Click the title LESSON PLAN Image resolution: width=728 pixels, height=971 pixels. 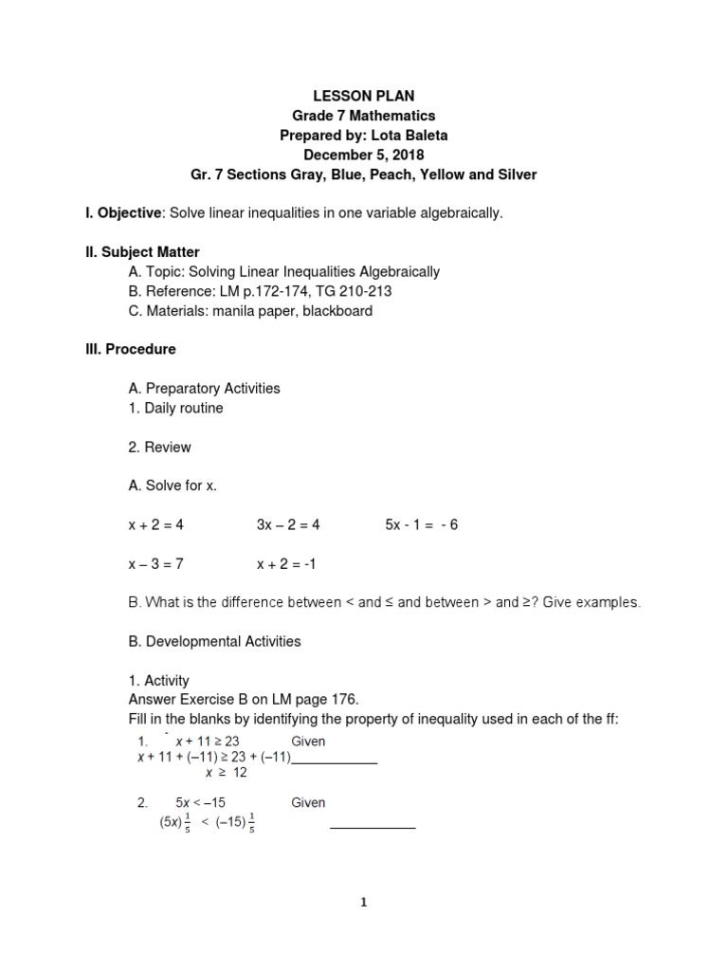click(364, 96)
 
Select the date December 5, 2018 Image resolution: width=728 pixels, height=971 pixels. click(364, 155)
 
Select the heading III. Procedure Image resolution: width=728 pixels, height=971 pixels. click(131, 349)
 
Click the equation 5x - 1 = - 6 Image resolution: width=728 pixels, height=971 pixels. click(421, 524)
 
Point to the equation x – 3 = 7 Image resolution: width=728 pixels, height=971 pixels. click(155, 563)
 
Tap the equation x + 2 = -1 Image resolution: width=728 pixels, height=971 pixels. click(286, 563)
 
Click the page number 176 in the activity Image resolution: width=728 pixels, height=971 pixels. click(344, 700)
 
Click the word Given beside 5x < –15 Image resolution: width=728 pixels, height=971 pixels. click(308, 802)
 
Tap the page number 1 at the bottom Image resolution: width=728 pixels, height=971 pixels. click(364, 903)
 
